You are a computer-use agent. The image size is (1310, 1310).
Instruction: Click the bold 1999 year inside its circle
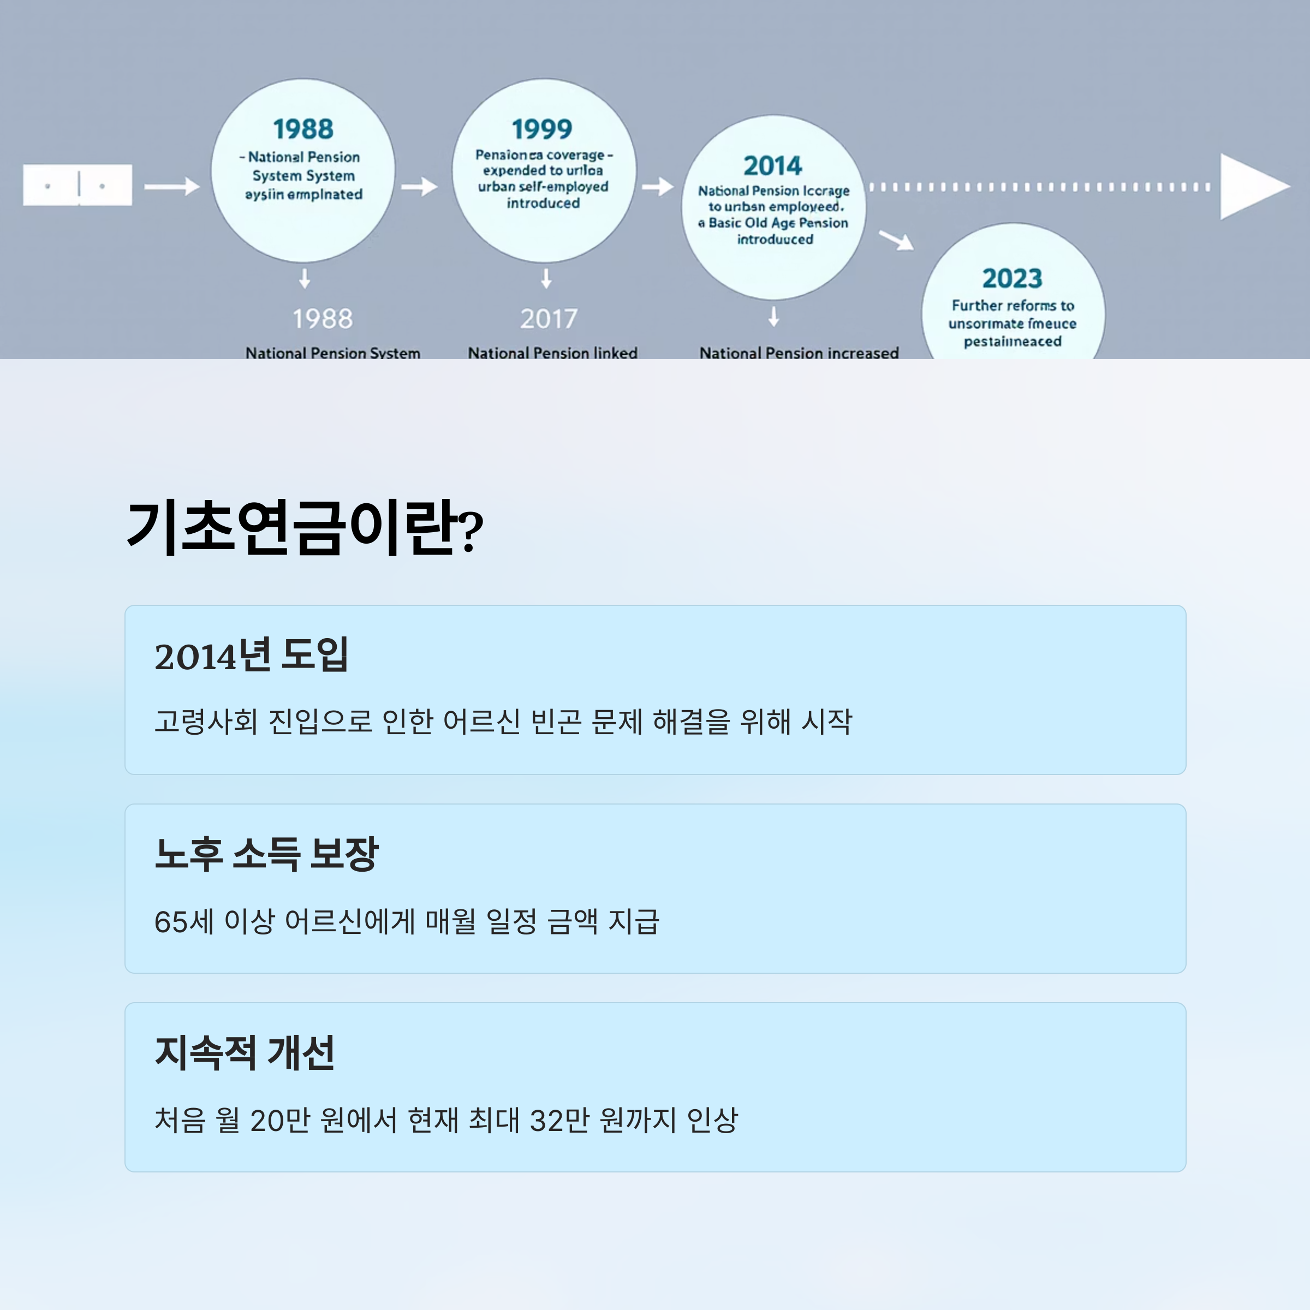click(542, 129)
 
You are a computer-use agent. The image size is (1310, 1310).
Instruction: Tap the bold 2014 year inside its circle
click(772, 165)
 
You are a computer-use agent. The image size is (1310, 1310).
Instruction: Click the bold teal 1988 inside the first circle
click(303, 129)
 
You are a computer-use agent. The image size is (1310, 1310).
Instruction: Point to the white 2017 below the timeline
click(549, 319)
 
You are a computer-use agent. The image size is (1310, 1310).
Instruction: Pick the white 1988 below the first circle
click(322, 319)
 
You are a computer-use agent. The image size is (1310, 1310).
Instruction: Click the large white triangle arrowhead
click(1252, 187)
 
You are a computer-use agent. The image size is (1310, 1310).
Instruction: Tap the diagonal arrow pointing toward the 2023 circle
click(896, 240)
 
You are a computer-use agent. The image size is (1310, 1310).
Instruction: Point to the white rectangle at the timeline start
click(78, 184)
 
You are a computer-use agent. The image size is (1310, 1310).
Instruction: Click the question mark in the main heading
click(471, 532)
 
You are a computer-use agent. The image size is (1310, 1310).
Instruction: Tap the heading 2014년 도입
click(251, 655)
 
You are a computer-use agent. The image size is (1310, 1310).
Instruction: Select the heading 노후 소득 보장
click(266, 854)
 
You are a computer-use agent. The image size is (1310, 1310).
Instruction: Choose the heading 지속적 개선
click(244, 1052)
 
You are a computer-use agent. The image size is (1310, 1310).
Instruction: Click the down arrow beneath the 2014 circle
click(773, 317)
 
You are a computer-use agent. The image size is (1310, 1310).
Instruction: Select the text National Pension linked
click(552, 353)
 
